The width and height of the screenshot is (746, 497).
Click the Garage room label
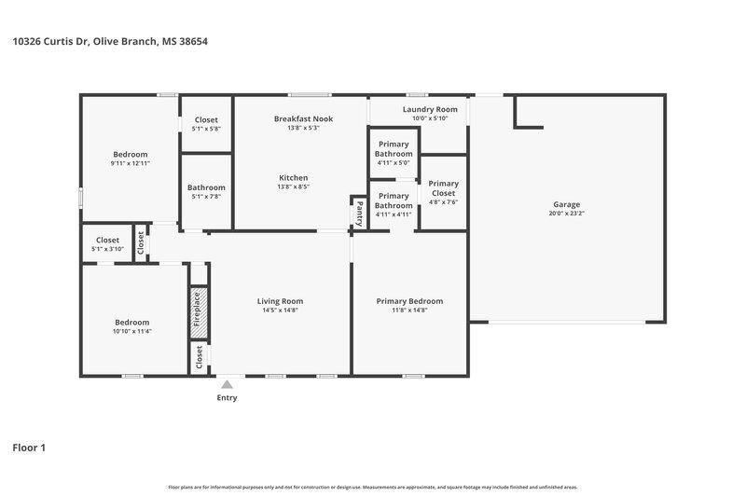pos(566,204)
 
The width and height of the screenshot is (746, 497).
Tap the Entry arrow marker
pos(227,383)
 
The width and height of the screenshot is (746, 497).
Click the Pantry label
pos(359,214)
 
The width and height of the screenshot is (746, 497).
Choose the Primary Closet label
pos(443,188)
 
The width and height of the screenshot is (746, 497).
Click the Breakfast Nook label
pos(303,119)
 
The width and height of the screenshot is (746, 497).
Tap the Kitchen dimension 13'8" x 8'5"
pos(293,186)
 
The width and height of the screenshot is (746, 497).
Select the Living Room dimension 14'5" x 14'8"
pos(280,311)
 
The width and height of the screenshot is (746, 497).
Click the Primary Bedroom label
pos(409,301)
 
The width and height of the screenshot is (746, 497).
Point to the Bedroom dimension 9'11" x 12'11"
pos(130,163)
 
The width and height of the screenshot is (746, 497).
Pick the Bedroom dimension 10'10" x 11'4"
pos(131,331)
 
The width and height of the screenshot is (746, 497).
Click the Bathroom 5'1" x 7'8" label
pos(206,187)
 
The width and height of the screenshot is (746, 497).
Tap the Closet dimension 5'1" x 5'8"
pos(206,129)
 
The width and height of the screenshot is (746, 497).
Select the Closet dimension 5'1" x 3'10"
pos(107,249)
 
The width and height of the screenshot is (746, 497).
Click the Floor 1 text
pos(29,448)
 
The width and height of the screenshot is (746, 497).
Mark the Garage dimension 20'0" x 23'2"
pos(566,214)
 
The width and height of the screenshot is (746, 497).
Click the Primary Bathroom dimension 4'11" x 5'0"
pos(394,163)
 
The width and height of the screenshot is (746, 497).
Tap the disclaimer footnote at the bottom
pos(373,487)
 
